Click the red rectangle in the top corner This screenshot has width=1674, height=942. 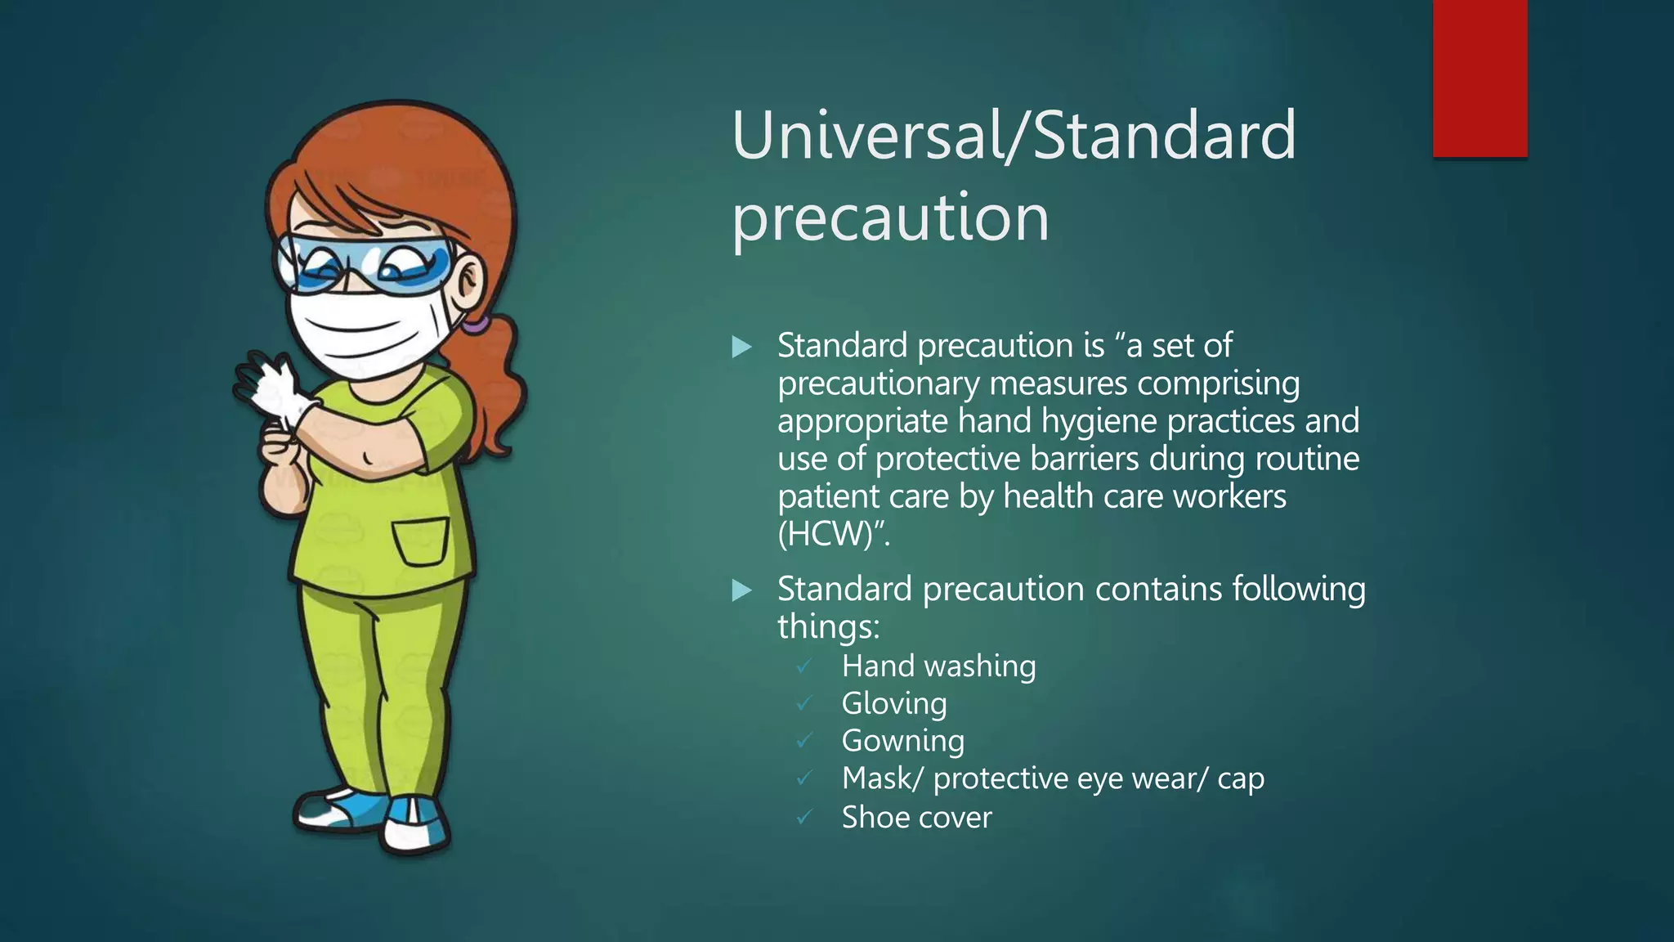pos(1479,78)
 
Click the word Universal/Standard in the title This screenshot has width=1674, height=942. pos(1014,135)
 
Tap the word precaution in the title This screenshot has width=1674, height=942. pos(890,218)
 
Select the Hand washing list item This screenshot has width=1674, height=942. pos(938,666)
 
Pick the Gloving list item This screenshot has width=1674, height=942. pos(894,704)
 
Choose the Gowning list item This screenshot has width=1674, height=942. pos(902,742)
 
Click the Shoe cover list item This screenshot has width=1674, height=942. pos(916,817)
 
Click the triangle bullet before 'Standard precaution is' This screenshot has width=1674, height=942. pos(741,347)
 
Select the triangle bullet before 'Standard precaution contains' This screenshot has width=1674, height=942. pos(741,590)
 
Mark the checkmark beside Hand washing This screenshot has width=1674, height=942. pos(804,666)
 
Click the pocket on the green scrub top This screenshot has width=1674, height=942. pos(421,541)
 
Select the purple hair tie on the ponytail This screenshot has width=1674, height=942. pos(474,325)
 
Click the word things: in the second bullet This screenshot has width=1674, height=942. pos(828,627)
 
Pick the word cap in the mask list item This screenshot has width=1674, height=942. pos(1240,778)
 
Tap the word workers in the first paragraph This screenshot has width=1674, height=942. pos(1236,496)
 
